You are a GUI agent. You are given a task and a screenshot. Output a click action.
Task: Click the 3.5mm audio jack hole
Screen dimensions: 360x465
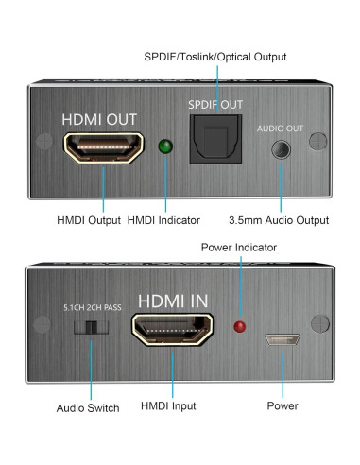[x=280, y=148]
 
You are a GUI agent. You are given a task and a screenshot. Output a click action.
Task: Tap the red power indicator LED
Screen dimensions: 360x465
[x=240, y=326]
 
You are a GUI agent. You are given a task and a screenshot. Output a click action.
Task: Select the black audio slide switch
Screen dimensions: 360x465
[x=91, y=327]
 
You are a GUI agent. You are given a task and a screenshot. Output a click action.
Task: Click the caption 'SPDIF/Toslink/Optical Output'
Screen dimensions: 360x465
[x=214, y=58]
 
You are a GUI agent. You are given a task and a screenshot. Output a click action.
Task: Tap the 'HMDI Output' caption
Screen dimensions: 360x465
[x=89, y=220]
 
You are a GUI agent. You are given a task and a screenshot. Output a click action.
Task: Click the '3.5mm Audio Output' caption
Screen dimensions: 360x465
[x=279, y=220]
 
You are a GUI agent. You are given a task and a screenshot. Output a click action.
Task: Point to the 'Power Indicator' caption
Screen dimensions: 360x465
[x=239, y=247]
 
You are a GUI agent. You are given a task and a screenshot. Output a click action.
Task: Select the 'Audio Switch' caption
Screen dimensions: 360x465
[x=87, y=407]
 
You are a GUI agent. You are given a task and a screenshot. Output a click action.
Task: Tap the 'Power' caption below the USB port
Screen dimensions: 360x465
[x=282, y=405]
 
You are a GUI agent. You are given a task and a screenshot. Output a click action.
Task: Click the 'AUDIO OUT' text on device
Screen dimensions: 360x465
[x=280, y=127]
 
